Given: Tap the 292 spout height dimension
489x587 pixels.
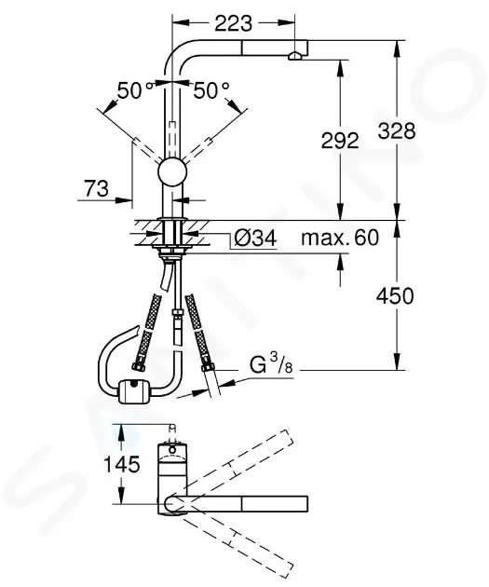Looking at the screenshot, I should [341, 141].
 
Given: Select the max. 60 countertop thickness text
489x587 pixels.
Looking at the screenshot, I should [340, 239].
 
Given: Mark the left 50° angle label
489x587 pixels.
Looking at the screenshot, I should [135, 91].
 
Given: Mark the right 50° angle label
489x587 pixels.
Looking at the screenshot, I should [211, 91].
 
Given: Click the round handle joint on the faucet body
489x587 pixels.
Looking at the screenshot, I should [172, 172].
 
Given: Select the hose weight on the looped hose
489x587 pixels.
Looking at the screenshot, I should [132, 389].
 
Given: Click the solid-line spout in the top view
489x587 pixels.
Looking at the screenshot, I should [247, 503].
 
